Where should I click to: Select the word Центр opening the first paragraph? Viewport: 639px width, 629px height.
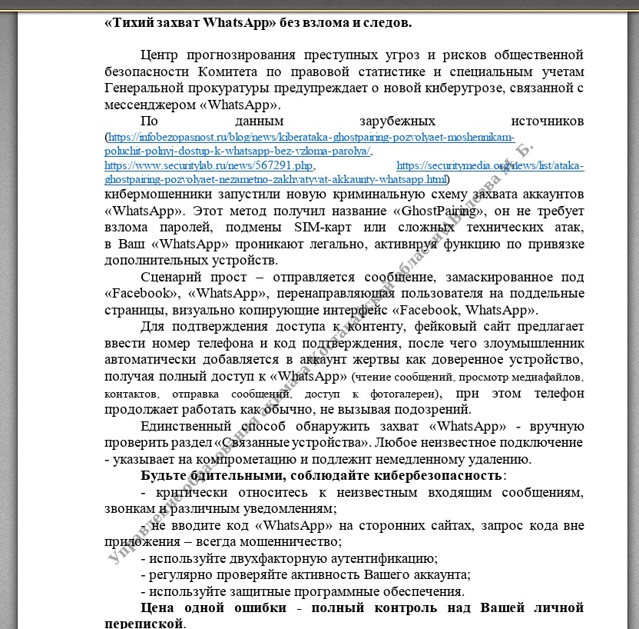(163, 55)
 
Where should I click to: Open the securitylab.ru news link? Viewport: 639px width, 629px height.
(209, 165)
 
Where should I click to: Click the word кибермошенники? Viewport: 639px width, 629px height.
(154, 194)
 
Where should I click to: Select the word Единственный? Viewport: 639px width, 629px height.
(186, 427)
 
